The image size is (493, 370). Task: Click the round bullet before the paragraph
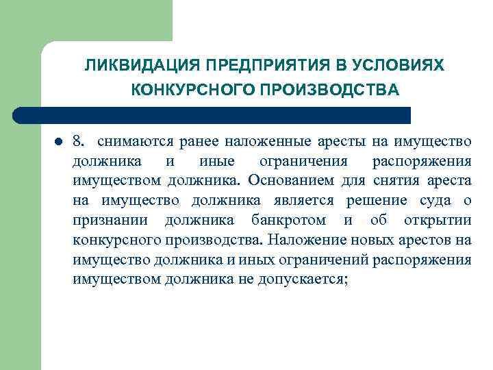[x=58, y=143]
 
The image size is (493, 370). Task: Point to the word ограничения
[x=302, y=162]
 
